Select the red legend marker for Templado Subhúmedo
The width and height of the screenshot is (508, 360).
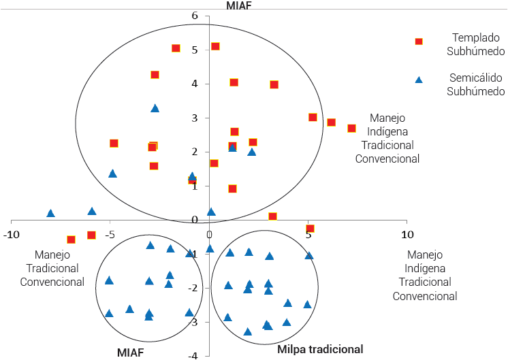pos(419,42)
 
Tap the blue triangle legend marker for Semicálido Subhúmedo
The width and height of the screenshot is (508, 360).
pos(419,80)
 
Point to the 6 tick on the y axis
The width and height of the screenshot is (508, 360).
pos(214,16)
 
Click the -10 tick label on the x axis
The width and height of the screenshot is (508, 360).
pos(11,235)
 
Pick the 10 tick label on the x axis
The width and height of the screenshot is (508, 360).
pos(407,235)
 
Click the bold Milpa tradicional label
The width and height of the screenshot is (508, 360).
pos(320,349)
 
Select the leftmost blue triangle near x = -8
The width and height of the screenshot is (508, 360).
pos(50,214)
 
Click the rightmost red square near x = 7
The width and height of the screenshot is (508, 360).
pos(351,129)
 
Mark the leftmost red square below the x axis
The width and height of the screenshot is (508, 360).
pos(71,240)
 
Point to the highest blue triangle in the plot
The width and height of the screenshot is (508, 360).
pos(155,108)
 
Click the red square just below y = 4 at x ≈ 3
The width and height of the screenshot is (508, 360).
pos(274,84)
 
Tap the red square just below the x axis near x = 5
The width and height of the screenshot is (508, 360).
pos(310,229)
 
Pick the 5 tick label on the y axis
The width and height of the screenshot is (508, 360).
pos(214,50)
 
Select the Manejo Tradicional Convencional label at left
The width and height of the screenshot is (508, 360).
pos(52,268)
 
